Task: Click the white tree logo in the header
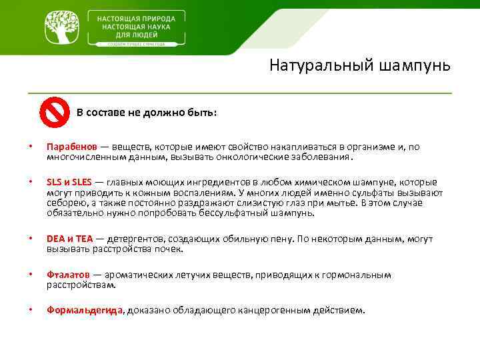(64, 27)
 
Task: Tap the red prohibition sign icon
(54, 111)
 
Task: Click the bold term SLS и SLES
(69, 182)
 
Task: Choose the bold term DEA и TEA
(70, 239)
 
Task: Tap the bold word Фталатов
(68, 275)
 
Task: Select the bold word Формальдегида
(85, 310)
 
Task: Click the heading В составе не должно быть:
(146, 112)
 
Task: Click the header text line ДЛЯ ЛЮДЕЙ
(137, 32)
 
